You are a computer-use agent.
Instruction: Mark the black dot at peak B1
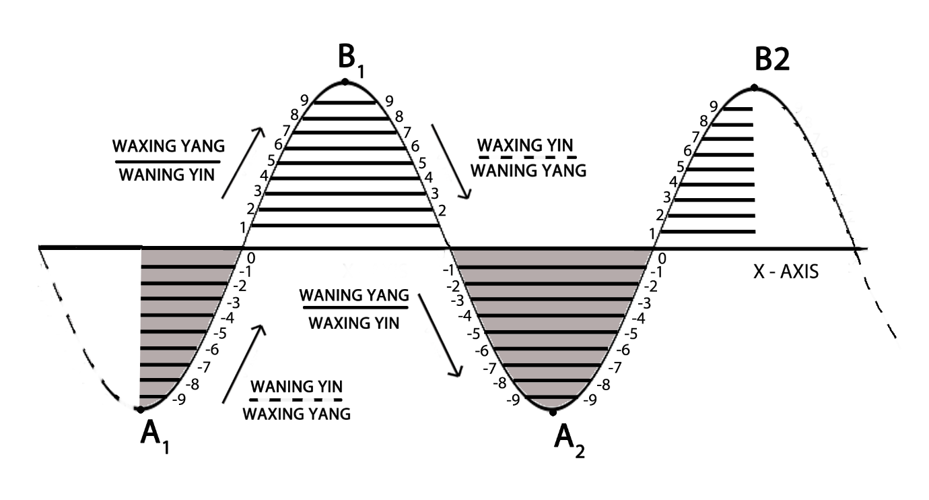tap(345, 82)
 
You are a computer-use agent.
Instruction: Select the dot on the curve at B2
tap(754, 88)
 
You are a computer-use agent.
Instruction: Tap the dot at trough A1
tap(140, 409)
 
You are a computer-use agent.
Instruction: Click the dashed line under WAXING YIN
tap(527, 157)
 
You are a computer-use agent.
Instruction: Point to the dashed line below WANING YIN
tap(296, 400)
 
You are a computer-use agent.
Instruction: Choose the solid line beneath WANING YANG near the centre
tap(353, 309)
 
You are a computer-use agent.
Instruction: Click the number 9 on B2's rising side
tap(714, 106)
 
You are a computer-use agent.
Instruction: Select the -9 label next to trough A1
tap(179, 400)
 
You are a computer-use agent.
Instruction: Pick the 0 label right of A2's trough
tap(662, 258)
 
